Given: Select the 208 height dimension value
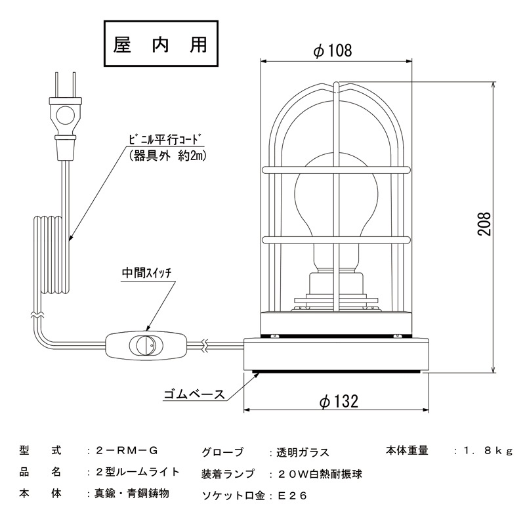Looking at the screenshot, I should pos(485,227).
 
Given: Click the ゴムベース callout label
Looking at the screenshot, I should pos(194,394).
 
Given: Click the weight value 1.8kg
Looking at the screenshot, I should pos(486,451).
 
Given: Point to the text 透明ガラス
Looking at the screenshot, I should pos(299,452).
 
